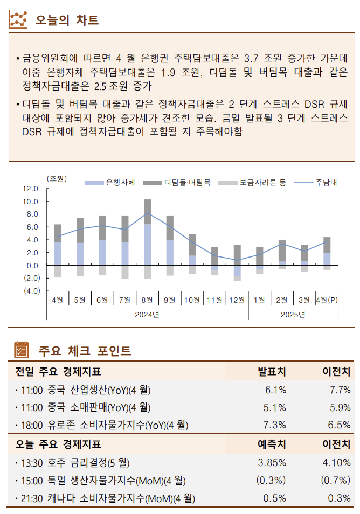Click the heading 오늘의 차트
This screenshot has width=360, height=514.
pos(67,20)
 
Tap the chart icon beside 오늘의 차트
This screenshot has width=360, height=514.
pos(18,20)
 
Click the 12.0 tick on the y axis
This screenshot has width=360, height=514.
pos(31,189)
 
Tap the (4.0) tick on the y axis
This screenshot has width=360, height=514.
pos(31,291)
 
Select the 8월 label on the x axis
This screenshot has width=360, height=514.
pos(147,300)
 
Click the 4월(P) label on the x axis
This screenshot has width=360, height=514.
pos(326,300)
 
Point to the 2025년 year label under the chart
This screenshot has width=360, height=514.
pos(293,314)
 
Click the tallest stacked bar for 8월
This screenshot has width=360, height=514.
pos(147,237)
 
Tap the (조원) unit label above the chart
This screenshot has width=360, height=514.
pos(57,178)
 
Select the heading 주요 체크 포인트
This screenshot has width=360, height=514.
pos(85,351)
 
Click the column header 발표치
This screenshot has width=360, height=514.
pos(272,371)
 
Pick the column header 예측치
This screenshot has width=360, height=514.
pos(272,444)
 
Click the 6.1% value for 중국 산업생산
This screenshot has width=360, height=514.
pos(275,390)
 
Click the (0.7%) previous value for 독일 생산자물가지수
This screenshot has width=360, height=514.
pos(335,481)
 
